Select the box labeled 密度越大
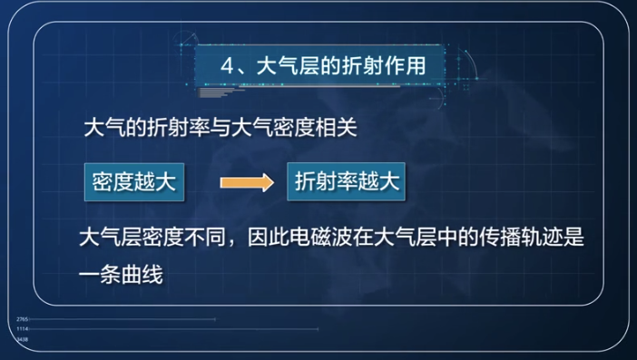pyautogui.click(x=132, y=181)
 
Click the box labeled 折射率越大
pyautogui.click(x=347, y=181)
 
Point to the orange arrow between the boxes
pyautogui.click(x=246, y=182)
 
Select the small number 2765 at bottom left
pyautogui.click(x=23, y=319)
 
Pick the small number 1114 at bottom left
pyautogui.click(x=23, y=328)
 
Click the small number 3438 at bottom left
pyautogui.click(x=23, y=337)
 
